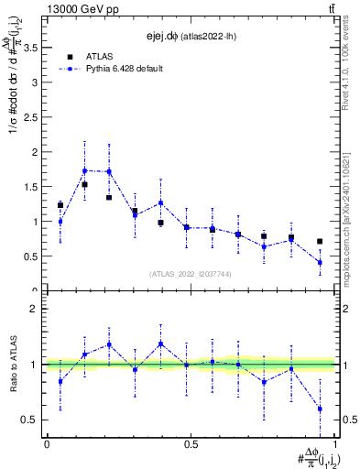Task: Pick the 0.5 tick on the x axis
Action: coord(191,444)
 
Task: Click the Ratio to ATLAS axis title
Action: coord(12,364)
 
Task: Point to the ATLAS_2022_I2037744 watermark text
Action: coord(191,274)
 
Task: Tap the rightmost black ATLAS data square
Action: coord(320,242)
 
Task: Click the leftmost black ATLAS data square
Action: coord(60,205)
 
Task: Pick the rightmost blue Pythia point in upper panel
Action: coord(320,263)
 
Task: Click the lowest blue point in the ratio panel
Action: coord(320,409)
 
